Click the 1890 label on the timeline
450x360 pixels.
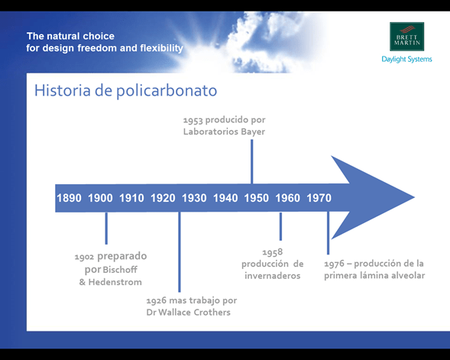(x=69, y=198)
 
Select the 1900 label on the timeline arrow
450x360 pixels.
(x=100, y=198)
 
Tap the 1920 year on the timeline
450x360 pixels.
(x=163, y=198)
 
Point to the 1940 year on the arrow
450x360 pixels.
(x=225, y=198)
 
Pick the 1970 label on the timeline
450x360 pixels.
(x=319, y=198)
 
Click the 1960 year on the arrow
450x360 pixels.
(x=287, y=198)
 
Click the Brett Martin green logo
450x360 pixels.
(x=406, y=37)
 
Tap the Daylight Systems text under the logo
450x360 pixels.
(x=406, y=59)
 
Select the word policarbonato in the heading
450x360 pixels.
(x=167, y=91)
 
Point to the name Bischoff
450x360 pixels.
(x=120, y=270)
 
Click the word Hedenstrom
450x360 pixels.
(x=115, y=282)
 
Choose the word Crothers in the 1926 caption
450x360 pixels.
(x=212, y=312)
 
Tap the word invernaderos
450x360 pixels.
(x=273, y=276)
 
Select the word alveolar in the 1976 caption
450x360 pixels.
(x=407, y=275)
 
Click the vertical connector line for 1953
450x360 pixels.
(x=251, y=161)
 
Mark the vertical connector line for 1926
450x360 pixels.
(x=180, y=252)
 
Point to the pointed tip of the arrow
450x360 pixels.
(x=414, y=197)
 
